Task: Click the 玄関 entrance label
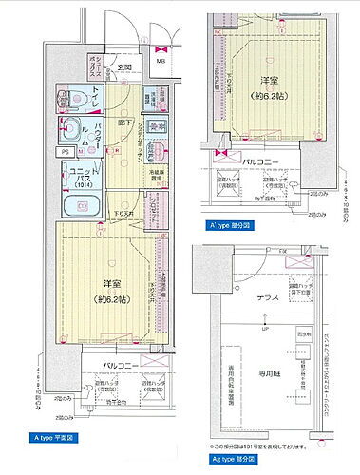click(124, 67)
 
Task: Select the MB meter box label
click(161, 62)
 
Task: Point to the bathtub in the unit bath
click(73, 207)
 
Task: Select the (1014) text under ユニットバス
click(80, 186)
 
